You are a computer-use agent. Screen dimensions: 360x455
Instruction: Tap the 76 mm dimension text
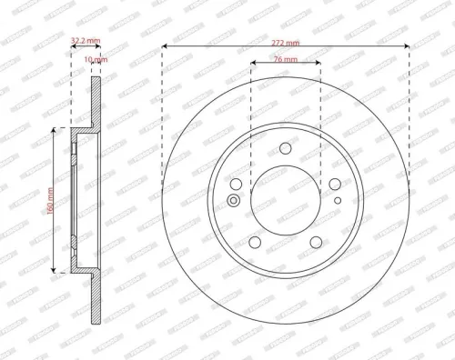click(285, 58)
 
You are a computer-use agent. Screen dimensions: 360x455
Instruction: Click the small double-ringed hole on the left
click(235, 200)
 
